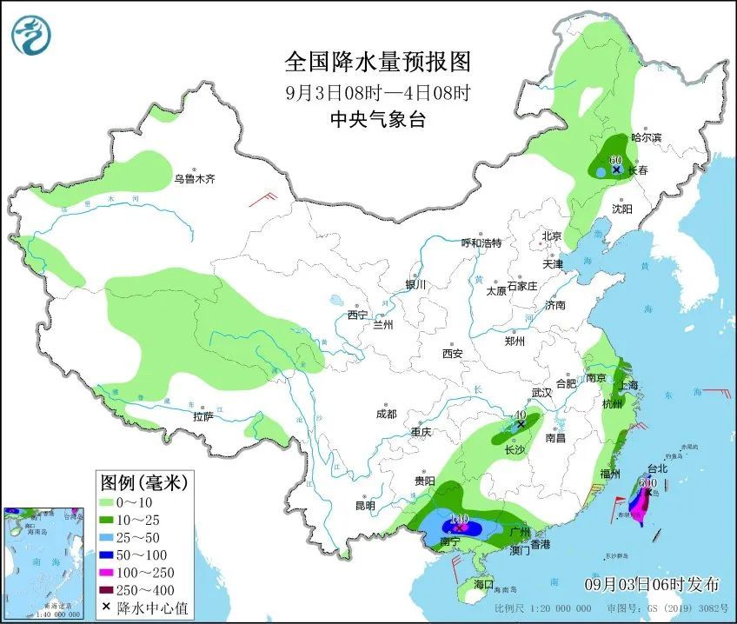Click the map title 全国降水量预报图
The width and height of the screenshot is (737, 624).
378,62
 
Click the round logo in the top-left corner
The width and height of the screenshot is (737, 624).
31,35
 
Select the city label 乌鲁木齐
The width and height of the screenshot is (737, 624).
194,180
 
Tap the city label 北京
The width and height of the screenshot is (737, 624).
552,236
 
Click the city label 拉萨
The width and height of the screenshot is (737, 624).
203,416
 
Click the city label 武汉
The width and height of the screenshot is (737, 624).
542,393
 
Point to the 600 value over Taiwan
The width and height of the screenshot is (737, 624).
647,483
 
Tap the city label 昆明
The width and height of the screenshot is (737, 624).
365,506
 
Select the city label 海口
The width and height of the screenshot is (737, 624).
484,583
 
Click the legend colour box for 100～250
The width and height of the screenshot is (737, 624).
109,572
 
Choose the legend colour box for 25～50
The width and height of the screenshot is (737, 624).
109,534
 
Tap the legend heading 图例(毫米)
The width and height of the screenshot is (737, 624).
143,481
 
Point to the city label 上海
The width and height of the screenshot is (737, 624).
627,385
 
